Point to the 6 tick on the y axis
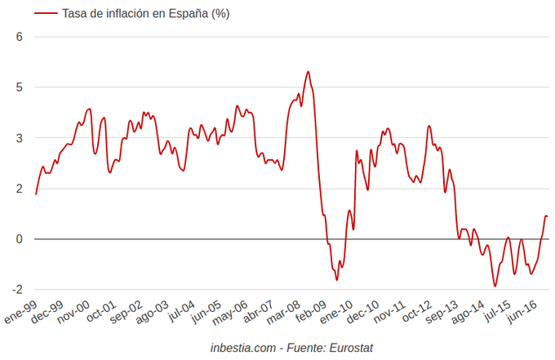pos(19,37)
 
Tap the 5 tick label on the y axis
pos(19,87)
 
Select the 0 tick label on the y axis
pos(19,239)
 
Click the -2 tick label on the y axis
pos(16,290)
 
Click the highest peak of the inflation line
pos(308,72)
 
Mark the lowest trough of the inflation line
pos(495,286)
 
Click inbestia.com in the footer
pos(243,348)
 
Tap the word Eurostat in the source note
pos(351,348)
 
